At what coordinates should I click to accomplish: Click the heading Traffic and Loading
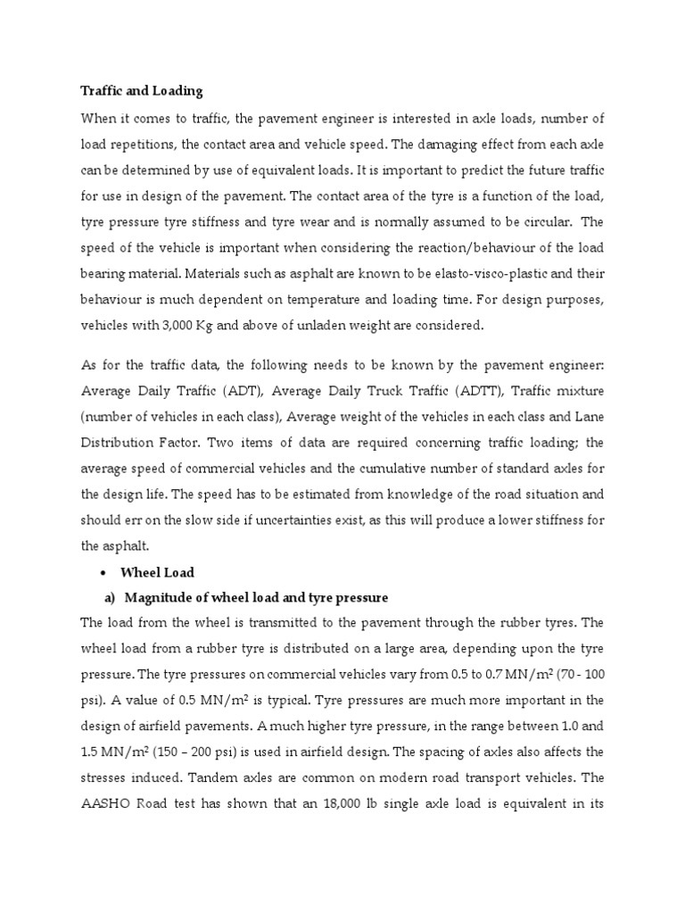(142, 91)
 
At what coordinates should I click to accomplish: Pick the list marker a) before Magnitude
(111, 596)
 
